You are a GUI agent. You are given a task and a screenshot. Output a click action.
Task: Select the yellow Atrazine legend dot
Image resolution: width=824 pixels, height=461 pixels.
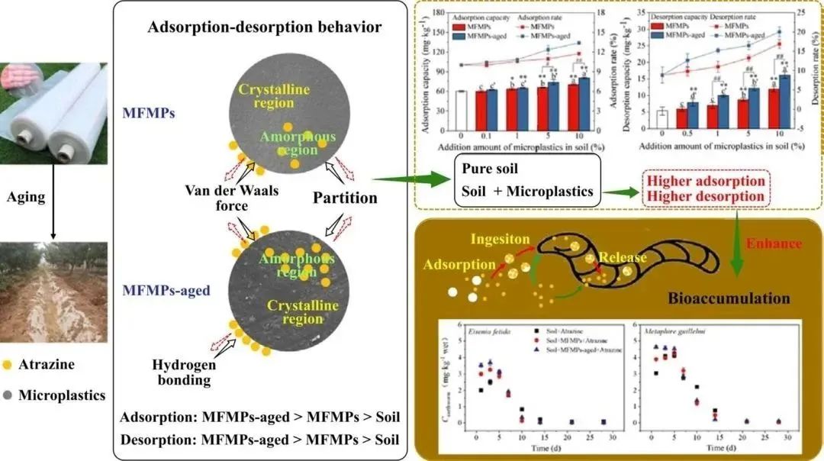7,365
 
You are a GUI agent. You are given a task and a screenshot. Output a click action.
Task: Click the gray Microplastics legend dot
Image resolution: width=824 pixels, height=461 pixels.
7,395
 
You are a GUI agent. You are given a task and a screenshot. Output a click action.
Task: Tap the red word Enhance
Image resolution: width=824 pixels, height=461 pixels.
774,243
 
